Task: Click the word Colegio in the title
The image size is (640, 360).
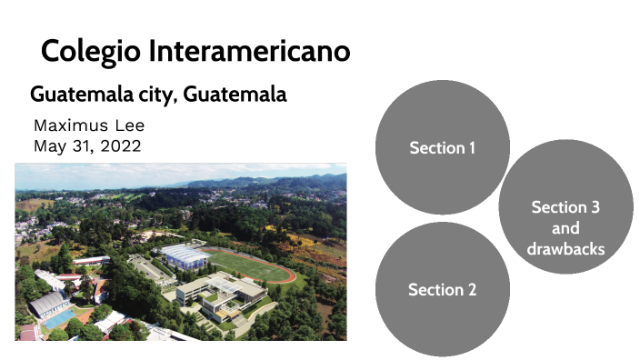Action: click(x=85, y=51)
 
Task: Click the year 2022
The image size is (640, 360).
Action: click(x=121, y=145)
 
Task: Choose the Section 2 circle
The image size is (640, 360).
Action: click(x=442, y=289)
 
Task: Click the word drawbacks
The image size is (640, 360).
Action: click(x=565, y=248)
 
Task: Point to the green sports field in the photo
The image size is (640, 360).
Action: click(x=254, y=266)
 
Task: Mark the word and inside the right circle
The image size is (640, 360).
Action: click(x=565, y=228)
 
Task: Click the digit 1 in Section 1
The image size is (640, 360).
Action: click(x=471, y=147)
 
